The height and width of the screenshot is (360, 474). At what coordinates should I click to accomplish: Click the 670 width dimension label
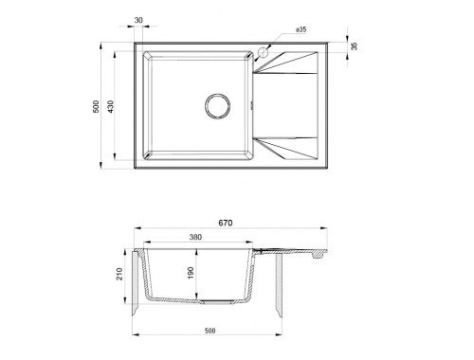226,223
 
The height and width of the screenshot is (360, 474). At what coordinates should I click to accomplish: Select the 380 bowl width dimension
195,237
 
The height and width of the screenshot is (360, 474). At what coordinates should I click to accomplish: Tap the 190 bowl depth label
191,273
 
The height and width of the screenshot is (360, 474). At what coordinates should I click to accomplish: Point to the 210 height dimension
119,274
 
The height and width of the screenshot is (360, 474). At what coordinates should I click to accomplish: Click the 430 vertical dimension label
110,107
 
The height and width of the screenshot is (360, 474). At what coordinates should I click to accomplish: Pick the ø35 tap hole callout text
301,29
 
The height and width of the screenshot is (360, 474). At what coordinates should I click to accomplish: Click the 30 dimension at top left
138,20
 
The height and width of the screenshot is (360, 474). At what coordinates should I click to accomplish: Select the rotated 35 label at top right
355,46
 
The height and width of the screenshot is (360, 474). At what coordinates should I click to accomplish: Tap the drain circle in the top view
217,106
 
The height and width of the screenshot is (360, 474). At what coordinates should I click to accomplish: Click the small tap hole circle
263,52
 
